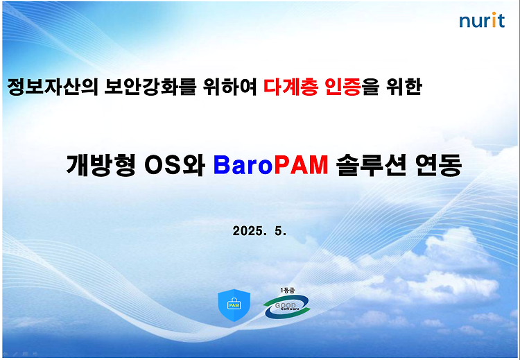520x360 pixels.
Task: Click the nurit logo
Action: click(482, 20)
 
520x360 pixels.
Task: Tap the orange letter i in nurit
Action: click(494, 20)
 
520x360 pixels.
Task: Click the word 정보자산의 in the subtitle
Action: click(53, 87)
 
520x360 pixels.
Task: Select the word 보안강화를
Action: click(150, 87)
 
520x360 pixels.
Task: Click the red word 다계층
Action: click(291, 87)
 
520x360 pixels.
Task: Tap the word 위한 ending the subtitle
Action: click(404, 87)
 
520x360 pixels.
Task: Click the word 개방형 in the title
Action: click(101, 165)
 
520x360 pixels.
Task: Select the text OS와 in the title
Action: click(175, 165)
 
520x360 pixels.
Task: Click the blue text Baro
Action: click(243, 165)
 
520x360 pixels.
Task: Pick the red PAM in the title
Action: click(301, 165)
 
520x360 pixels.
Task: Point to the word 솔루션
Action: click(371, 165)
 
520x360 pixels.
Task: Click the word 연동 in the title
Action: click(438, 165)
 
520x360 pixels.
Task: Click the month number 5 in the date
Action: click(280, 231)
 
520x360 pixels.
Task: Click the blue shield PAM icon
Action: click(234, 305)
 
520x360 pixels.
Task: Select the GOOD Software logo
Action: click(287, 307)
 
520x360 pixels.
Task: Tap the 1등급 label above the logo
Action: click(287, 291)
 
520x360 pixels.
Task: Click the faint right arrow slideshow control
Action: click(35, 354)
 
